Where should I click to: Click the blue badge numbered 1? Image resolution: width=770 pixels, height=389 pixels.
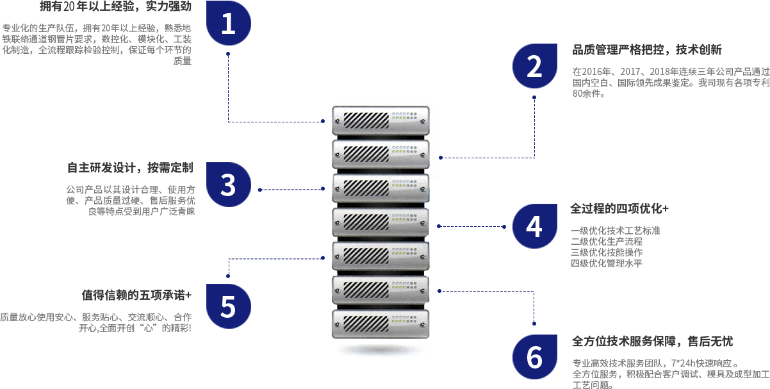coord(229,23)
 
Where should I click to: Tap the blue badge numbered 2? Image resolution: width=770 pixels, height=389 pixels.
coord(534,66)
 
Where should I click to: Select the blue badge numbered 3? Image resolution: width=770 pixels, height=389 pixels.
coord(229,185)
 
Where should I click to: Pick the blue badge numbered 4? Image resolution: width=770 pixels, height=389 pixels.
coord(534,226)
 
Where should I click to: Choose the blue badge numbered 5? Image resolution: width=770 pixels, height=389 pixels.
coord(229,306)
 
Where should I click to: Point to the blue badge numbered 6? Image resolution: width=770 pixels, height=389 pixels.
coord(534,357)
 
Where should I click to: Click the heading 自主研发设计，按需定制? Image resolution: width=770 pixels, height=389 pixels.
coord(130,168)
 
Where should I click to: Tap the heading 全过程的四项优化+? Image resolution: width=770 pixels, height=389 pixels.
coord(619,209)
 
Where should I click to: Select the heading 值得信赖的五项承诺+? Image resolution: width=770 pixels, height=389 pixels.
coord(136,295)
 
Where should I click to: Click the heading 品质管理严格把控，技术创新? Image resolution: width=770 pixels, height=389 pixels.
coord(647,50)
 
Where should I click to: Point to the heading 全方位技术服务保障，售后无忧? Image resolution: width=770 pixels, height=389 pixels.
coord(652,342)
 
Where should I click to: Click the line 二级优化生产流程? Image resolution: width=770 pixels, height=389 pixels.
coord(607,242)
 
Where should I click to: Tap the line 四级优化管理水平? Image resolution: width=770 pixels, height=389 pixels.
coord(607,263)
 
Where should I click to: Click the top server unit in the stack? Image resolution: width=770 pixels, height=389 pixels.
coord(381,120)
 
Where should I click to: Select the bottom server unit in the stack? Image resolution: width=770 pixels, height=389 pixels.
coord(381,324)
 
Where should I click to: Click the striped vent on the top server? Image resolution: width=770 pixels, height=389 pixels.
coord(366,120)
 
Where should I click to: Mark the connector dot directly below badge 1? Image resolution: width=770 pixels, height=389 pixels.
coord(228,54)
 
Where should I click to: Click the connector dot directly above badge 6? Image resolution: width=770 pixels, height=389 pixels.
coord(534,324)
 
